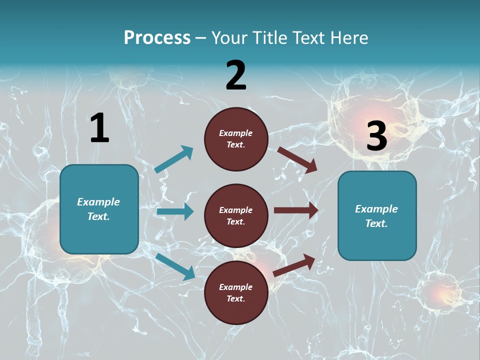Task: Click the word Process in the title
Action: coord(157,37)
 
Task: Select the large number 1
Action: coord(99,128)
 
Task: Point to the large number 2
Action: coord(236,75)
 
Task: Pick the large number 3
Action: coord(376,136)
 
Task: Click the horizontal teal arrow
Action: coord(175,211)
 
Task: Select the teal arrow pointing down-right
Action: coord(175,266)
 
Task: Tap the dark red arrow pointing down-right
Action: coord(297,159)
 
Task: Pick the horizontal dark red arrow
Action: coord(296,210)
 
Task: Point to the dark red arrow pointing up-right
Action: coord(294,265)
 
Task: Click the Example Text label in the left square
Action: coord(98,209)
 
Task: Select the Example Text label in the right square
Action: coord(376,216)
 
